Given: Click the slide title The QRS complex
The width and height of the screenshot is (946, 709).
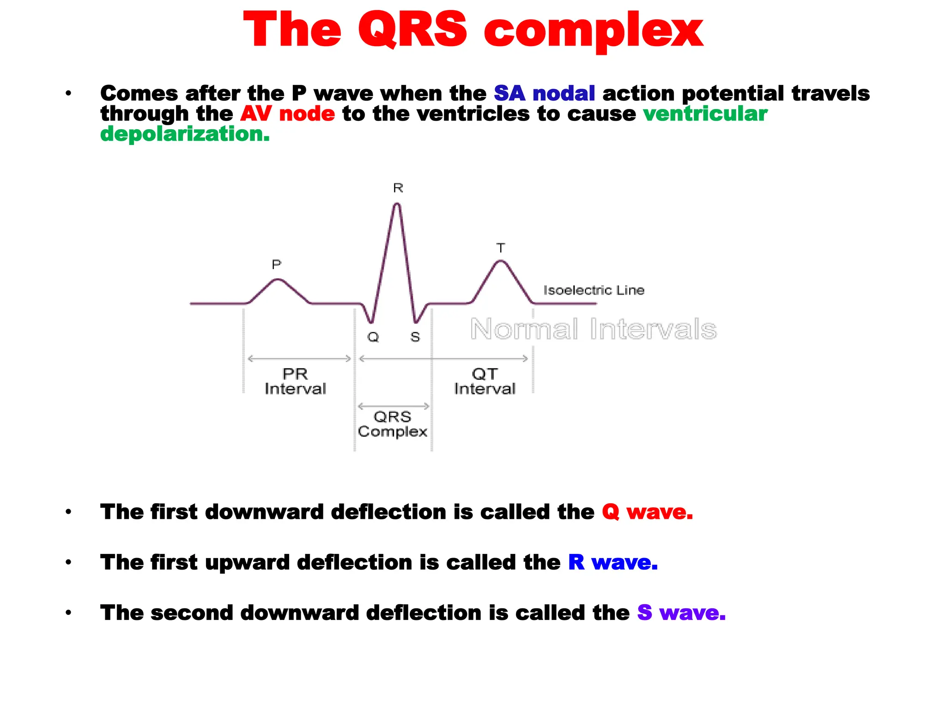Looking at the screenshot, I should coord(473,30).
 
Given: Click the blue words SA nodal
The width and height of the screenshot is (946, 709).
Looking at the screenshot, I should coord(544,94).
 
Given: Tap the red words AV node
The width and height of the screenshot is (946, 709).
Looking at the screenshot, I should coord(287,114).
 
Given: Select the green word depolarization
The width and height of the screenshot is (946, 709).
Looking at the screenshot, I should coord(185,134).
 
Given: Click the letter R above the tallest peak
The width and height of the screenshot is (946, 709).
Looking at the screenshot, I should coord(398,188).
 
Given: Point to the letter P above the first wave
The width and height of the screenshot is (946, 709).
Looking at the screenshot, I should coord(276,264).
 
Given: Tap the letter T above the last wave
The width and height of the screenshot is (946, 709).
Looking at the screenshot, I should coord(500,248).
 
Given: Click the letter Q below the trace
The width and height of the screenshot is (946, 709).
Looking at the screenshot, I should coord(373,337).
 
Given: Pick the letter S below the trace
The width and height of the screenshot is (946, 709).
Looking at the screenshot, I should coord(415,337).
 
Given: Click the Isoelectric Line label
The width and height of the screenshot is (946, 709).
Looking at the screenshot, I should coord(594,290).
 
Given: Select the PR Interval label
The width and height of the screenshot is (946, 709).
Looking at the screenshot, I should coord(295,381).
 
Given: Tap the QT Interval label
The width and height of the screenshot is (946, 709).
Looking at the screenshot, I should coord(485,381).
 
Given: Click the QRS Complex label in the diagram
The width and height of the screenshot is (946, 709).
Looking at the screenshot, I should coord(393,424).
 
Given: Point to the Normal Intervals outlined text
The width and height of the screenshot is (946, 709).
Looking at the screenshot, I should coord(593,329).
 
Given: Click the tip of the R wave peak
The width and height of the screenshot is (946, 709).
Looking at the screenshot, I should coord(397,204).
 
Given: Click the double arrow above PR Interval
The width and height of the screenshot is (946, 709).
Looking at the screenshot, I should coord(299,359).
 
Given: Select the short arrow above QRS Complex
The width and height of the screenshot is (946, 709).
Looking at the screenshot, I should coord(394,406).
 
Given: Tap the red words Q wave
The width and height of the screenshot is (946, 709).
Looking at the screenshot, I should coord(647,512).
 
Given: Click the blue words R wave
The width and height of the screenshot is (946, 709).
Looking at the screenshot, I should coord(612,562).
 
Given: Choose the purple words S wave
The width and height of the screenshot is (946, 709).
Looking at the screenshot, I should coord(681,613).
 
